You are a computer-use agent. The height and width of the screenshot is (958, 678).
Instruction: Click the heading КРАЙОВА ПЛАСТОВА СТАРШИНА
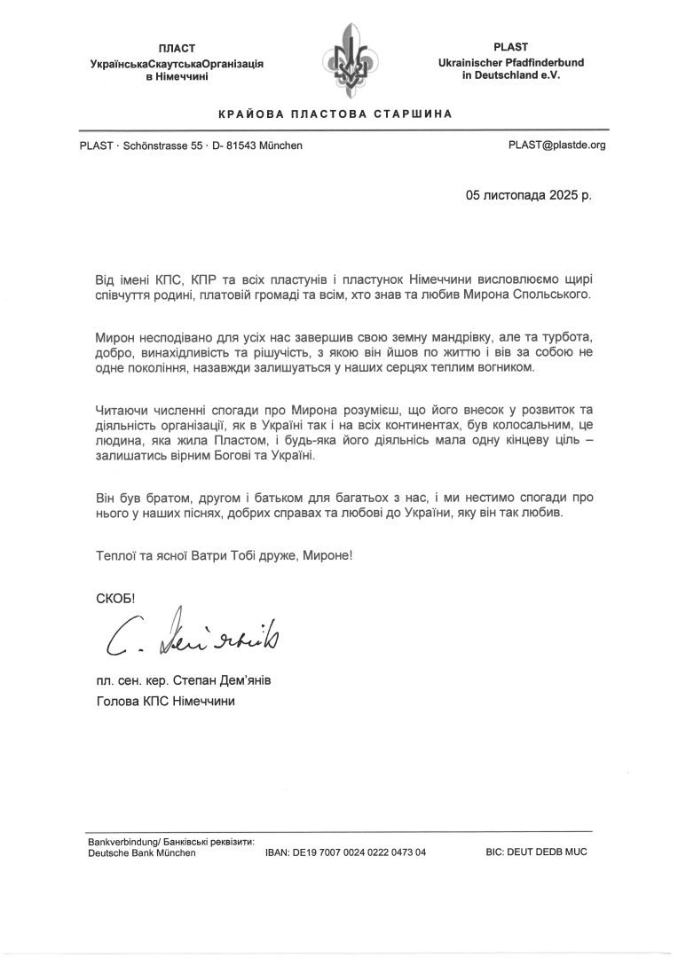(335, 114)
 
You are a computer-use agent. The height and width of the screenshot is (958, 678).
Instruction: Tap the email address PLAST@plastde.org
(556, 145)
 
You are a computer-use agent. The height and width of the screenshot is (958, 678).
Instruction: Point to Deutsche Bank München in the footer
(142, 852)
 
